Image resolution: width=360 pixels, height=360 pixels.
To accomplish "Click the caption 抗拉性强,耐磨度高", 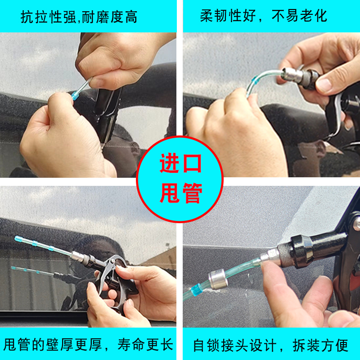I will (x=79, y=17).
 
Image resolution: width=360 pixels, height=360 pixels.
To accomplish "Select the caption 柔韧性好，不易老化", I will (x=264, y=17).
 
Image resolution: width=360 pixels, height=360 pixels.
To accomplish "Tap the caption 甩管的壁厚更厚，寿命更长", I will (x=88, y=345).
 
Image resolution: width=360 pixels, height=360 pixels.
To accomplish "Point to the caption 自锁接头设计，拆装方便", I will (x=270, y=345).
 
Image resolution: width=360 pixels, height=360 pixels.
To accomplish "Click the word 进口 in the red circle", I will (x=180, y=165).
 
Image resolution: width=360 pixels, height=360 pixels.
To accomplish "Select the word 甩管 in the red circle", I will (x=180, y=193).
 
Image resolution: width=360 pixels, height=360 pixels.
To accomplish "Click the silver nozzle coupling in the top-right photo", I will (x=292, y=74).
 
